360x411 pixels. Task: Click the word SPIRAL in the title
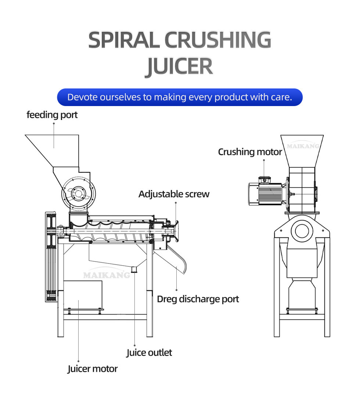click(x=123, y=40)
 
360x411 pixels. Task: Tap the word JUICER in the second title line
click(x=180, y=66)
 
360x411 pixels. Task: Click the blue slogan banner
click(x=180, y=97)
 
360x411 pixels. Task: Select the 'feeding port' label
click(x=52, y=115)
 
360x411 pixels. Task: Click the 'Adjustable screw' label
click(x=174, y=194)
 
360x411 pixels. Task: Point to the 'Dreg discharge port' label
click(x=198, y=299)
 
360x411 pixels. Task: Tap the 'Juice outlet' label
click(x=149, y=353)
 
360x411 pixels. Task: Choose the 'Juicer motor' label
click(x=93, y=368)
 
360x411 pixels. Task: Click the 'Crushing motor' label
click(x=250, y=152)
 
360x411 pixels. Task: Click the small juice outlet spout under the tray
click(x=134, y=269)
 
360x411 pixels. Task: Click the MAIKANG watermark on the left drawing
click(x=107, y=275)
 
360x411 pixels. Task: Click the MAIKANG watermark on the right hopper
click(x=303, y=146)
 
